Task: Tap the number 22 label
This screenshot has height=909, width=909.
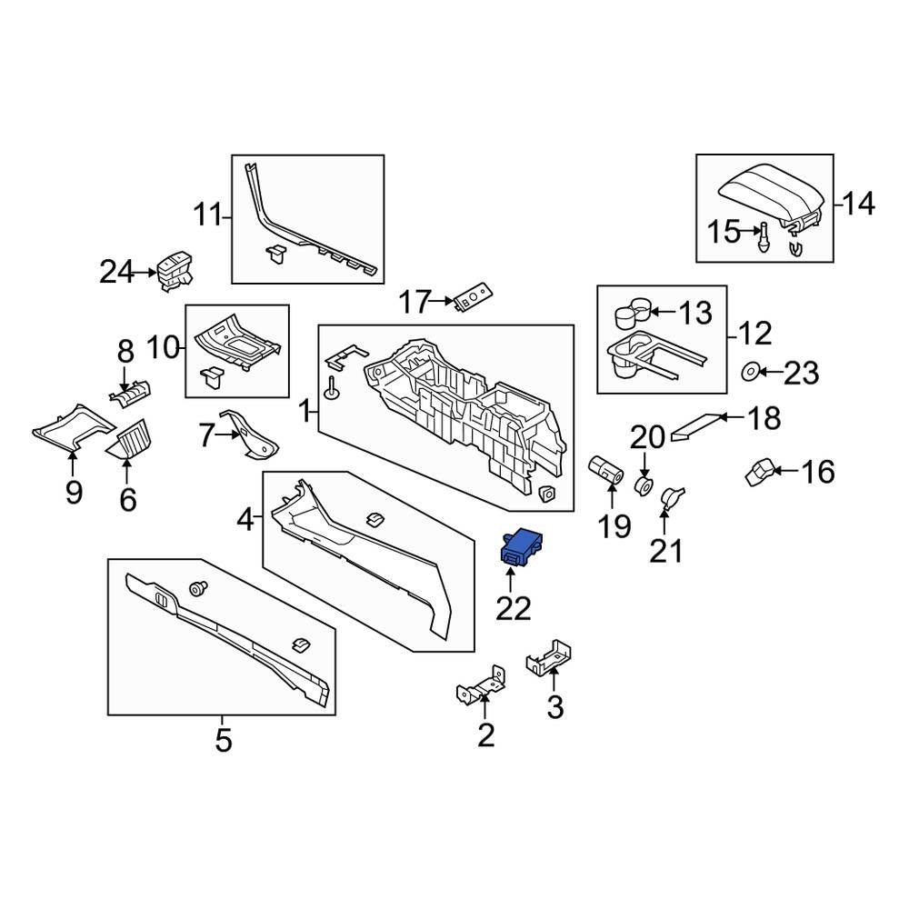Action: point(513,608)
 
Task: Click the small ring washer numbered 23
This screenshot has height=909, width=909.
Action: point(752,371)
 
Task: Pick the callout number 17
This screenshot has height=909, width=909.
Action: point(415,301)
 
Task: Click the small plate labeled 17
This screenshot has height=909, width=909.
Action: point(473,295)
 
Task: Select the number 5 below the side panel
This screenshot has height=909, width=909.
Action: point(224,740)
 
